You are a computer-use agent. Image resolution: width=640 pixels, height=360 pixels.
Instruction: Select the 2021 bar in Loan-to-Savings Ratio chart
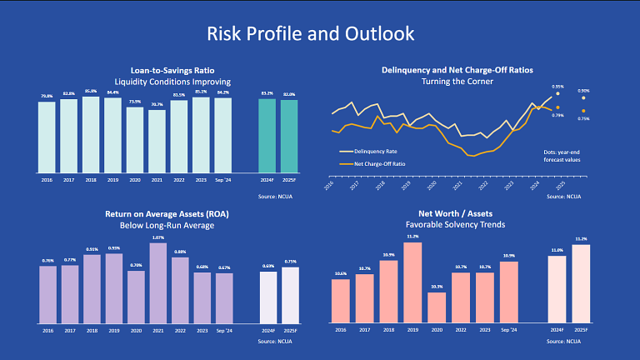tap(157, 140)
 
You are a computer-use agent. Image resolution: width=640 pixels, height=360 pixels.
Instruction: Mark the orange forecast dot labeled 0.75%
tap(583, 111)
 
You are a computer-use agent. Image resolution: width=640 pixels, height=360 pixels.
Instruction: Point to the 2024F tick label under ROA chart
tap(267, 330)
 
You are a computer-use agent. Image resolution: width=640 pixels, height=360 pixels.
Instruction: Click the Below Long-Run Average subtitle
tap(167, 224)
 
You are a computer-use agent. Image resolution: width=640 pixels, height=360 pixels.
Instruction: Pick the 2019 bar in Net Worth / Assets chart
tap(412, 282)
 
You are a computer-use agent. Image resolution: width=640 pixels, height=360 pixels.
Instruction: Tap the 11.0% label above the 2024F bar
tap(557, 250)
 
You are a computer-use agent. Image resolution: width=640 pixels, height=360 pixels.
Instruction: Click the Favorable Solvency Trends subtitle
tap(456, 225)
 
